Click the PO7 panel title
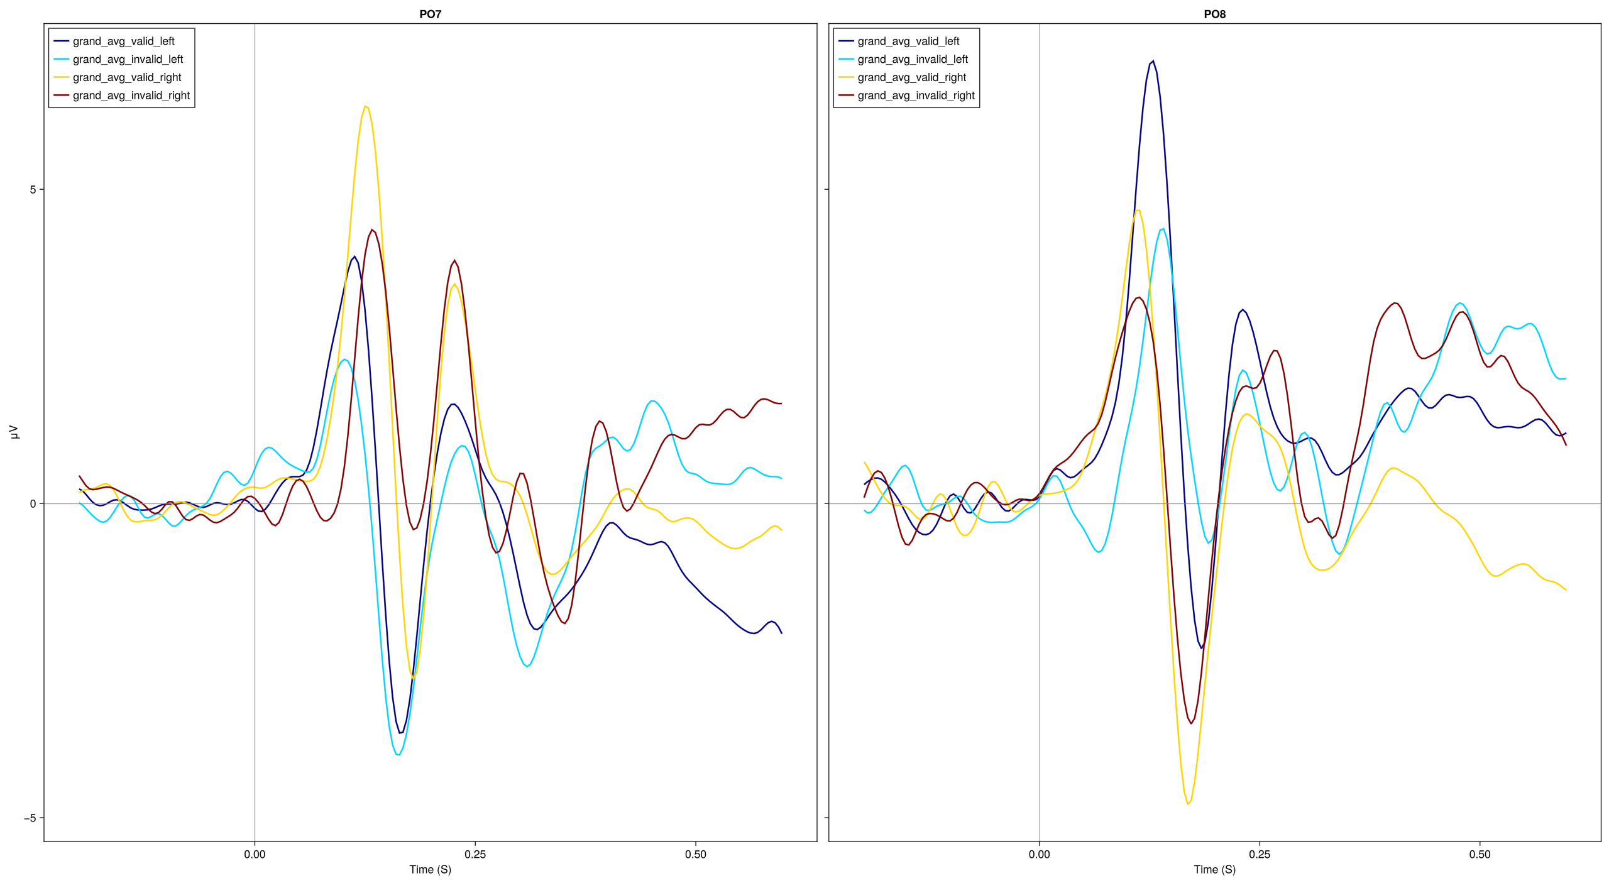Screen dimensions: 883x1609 coord(430,14)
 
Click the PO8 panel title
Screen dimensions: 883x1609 coord(1214,14)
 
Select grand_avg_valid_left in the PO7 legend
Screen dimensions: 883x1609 coord(123,41)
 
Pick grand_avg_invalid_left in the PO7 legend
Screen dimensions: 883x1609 coord(128,60)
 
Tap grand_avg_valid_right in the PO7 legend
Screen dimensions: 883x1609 coord(126,77)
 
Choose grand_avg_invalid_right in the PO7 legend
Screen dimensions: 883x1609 coord(131,96)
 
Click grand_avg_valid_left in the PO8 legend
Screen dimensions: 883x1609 coord(908,41)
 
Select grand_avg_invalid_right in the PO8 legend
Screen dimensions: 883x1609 coord(915,96)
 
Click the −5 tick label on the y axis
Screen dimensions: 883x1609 coord(30,818)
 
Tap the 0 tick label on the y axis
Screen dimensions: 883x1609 coord(33,504)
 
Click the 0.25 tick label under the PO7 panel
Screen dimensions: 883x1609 coord(475,854)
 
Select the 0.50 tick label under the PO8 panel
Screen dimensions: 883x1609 coord(1479,854)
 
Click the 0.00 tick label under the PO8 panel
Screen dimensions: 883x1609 coord(1038,854)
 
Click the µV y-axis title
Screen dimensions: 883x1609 coord(14,432)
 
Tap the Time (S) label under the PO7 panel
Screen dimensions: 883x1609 coord(430,869)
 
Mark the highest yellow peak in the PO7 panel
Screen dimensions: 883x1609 coord(365,106)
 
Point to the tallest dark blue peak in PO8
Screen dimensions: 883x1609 coord(1152,61)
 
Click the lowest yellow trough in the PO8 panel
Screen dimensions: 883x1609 coord(1187,804)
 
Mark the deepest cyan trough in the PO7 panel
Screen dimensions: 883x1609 coord(398,754)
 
